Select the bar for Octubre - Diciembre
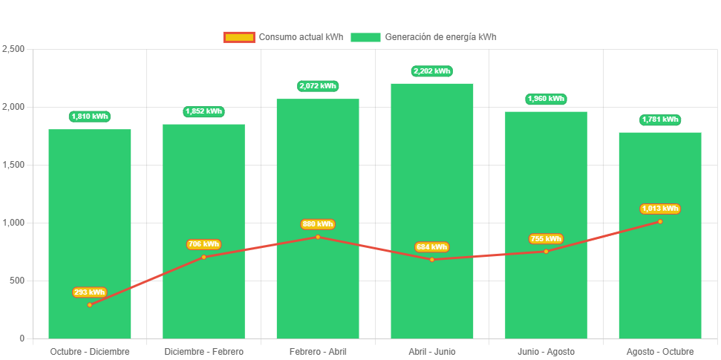[x=90, y=186]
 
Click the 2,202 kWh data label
[x=431, y=71]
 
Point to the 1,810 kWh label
[x=90, y=116]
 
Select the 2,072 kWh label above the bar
[x=318, y=86]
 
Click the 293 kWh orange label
[x=90, y=292]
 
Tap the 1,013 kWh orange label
[x=660, y=209]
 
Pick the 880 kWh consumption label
[x=318, y=224]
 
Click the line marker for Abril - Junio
[x=431, y=260]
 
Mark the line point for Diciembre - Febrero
[x=203, y=257]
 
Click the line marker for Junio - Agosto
[x=546, y=252]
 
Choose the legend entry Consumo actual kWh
[x=283, y=37]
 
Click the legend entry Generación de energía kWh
[x=423, y=37]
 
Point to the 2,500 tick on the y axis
[x=14, y=49]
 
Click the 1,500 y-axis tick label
[x=14, y=165]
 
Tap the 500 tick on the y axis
[x=17, y=281]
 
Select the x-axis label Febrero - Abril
[x=318, y=351]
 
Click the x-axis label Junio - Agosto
[x=546, y=351]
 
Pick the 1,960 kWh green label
[x=546, y=99]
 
